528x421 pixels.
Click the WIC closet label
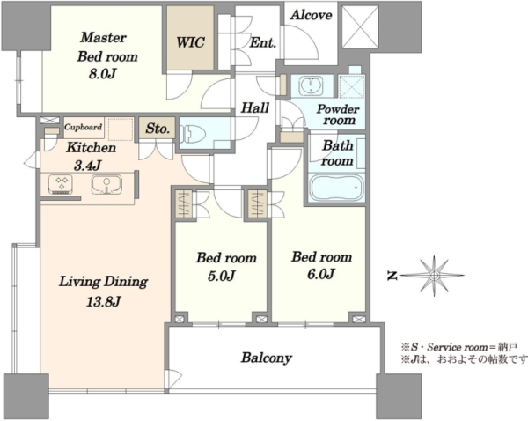coord(190,43)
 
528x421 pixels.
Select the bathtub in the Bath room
coord(337,188)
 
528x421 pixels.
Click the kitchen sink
coord(106,185)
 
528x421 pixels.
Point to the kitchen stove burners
coord(62,184)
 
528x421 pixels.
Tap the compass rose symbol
coord(434,276)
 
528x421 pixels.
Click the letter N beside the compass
coord(392,276)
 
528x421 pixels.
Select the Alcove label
coord(312,15)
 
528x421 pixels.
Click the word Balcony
coord(267,358)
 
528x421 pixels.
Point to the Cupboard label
coord(84,127)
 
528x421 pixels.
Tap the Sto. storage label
coord(158,129)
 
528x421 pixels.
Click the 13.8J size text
coord(103,302)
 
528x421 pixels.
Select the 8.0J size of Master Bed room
coord(102,73)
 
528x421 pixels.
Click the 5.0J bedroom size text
coord(221,276)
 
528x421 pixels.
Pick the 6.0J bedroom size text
coord(320,274)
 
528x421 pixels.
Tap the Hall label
coord(255,107)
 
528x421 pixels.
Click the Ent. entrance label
coord(263,43)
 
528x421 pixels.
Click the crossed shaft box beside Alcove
coord(361,27)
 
